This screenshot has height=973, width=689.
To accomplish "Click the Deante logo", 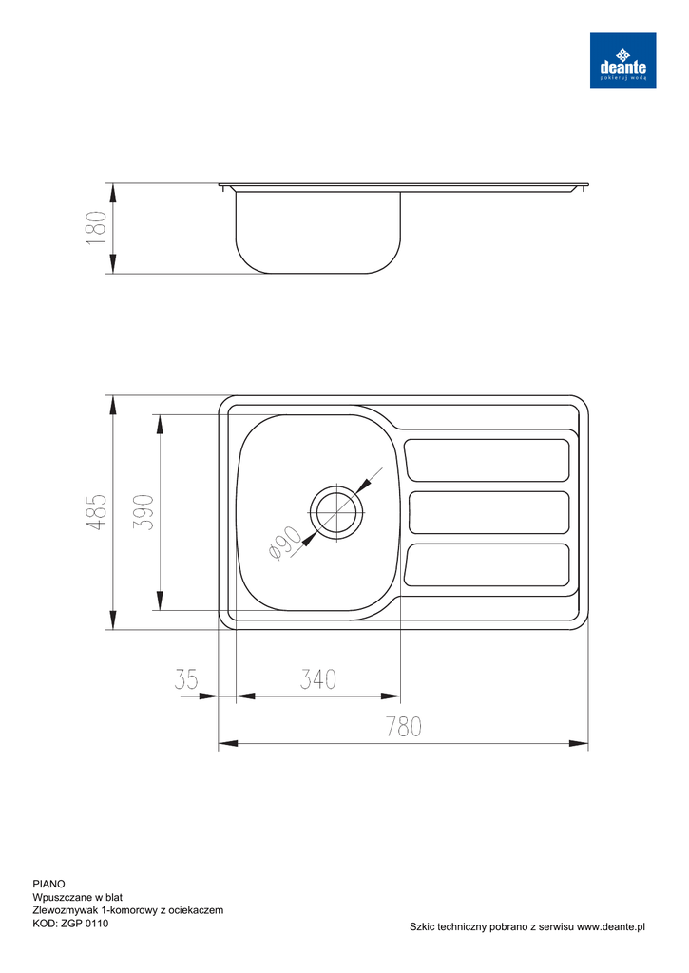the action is pos(622,60).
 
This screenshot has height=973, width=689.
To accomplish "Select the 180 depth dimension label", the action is pos(96,228).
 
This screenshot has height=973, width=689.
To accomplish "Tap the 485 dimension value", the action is pos(96,512).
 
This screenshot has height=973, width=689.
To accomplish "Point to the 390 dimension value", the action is pos(144,512).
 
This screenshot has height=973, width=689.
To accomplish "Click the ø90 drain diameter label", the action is pos(285,544).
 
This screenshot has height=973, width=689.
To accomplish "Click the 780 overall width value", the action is pos(404,726).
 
